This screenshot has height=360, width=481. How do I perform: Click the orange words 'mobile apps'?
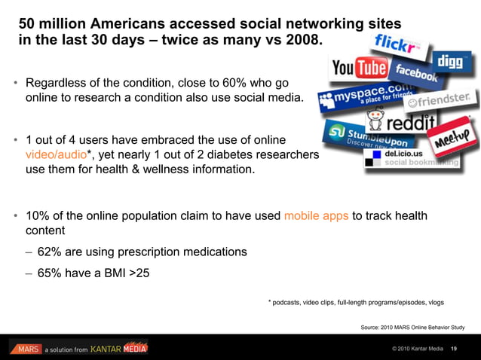click(x=316, y=216)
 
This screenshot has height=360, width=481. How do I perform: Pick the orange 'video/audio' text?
click(x=56, y=155)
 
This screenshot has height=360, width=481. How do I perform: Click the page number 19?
click(x=454, y=348)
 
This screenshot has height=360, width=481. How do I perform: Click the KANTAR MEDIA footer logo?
click(x=119, y=348)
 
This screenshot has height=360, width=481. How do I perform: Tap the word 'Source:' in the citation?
click(x=373, y=328)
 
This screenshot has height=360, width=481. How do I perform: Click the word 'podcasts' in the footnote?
click(x=290, y=303)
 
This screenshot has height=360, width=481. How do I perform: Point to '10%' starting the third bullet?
click(x=38, y=216)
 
